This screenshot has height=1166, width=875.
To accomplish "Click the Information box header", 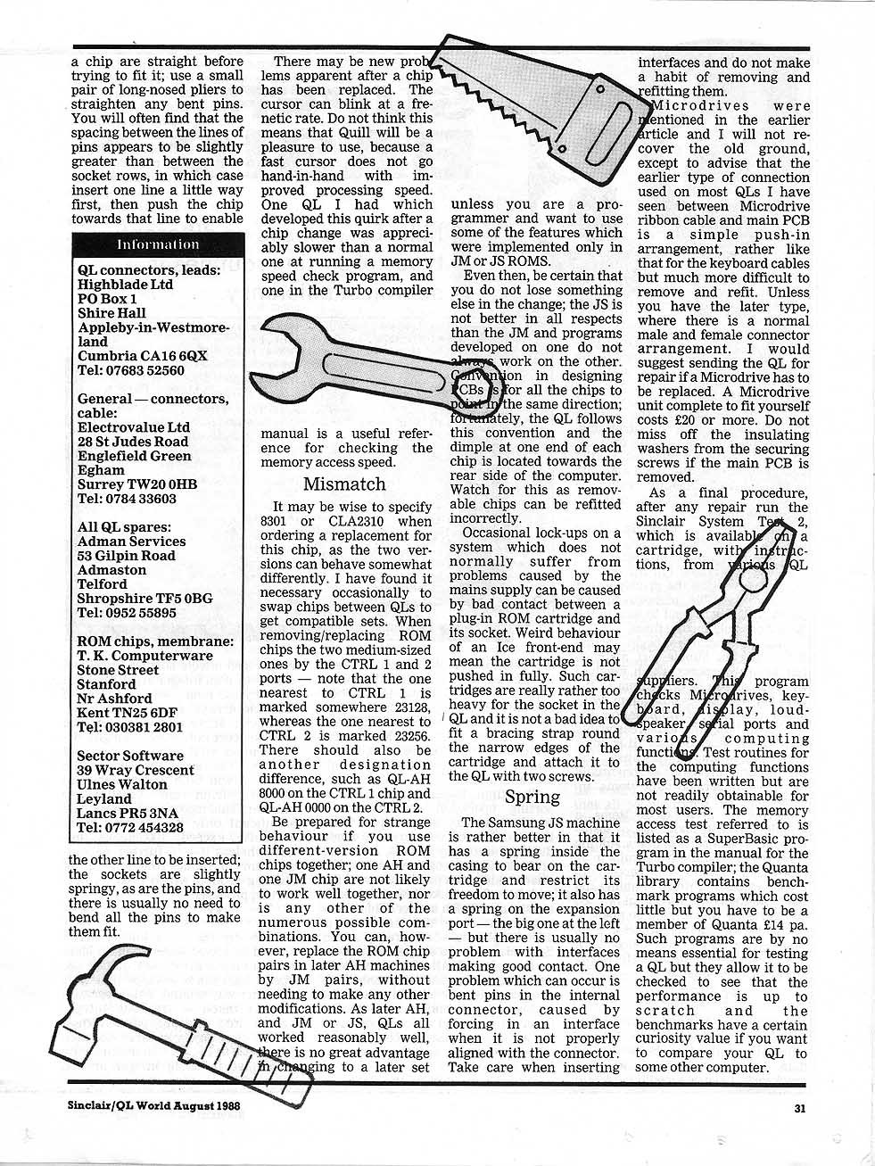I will point(158,244).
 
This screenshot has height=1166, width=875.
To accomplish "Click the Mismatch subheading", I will point(344,484).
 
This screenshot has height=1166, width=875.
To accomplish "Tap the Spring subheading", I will point(532,797).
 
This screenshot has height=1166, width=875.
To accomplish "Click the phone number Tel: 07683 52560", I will point(131,370).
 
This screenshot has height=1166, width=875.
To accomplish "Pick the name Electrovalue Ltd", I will point(134,427).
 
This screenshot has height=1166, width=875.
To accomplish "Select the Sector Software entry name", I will point(130,756).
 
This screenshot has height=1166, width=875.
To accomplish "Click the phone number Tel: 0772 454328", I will point(130,827).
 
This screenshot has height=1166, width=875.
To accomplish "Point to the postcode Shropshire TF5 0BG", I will point(144,599).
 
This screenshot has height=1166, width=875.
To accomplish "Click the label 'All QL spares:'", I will point(123,527).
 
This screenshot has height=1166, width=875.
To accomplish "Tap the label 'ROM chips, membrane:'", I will point(156,641).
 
